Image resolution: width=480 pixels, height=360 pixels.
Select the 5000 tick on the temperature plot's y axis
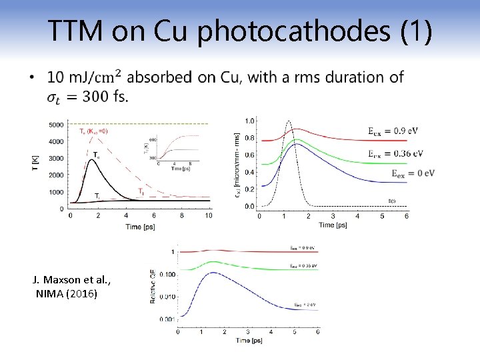click(x=56, y=125)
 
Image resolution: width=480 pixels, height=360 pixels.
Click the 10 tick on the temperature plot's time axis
click(x=209, y=216)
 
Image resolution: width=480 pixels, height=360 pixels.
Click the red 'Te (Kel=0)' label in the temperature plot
click(x=93, y=131)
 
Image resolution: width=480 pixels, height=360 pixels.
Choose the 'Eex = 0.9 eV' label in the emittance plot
click(x=394, y=131)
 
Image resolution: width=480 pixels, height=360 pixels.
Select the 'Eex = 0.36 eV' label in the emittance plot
click(x=395, y=153)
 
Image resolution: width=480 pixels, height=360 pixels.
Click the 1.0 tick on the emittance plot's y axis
click(x=249, y=121)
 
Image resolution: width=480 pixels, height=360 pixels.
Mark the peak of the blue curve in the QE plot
click(x=212, y=273)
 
